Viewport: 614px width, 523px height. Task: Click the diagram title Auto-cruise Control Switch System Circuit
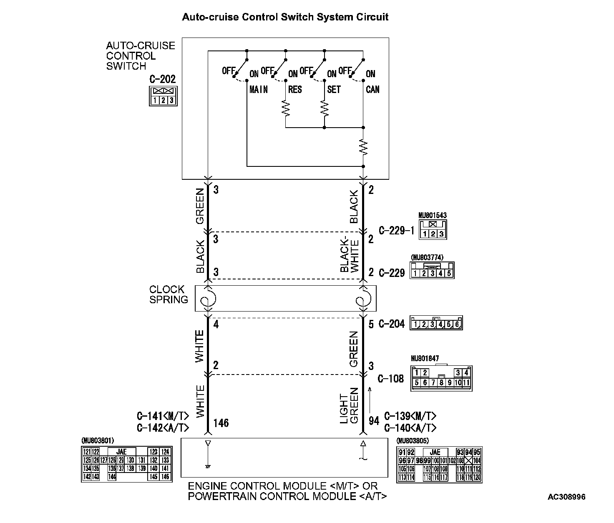(x=285, y=17)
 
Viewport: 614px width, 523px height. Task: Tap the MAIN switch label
(x=258, y=89)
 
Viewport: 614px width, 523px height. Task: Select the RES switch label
(x=295, y=89)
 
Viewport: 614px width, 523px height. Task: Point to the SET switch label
(x=334, y=89)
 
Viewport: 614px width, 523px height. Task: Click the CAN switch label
(x=372, y=89)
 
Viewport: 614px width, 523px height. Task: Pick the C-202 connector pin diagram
(x=163, y=96)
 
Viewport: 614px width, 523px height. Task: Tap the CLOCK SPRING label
(x=169, y=294)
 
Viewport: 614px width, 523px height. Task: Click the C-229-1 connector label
(x=396, y=231)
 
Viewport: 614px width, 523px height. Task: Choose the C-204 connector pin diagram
(x=436, y=323)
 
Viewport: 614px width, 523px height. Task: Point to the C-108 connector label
(x=391, y=379)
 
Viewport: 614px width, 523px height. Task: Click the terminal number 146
(x=221, y=423)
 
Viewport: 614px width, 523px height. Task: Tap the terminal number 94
(x=374, y=421)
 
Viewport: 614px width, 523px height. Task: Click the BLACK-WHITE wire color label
(x=350, y=255)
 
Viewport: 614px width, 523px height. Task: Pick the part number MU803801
(x=98, y=440)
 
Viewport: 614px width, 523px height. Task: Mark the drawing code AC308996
(x=566, y=497)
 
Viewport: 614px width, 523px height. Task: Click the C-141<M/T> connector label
(x=163, y=416)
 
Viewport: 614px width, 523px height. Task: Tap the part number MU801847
(x=425, y=358)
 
